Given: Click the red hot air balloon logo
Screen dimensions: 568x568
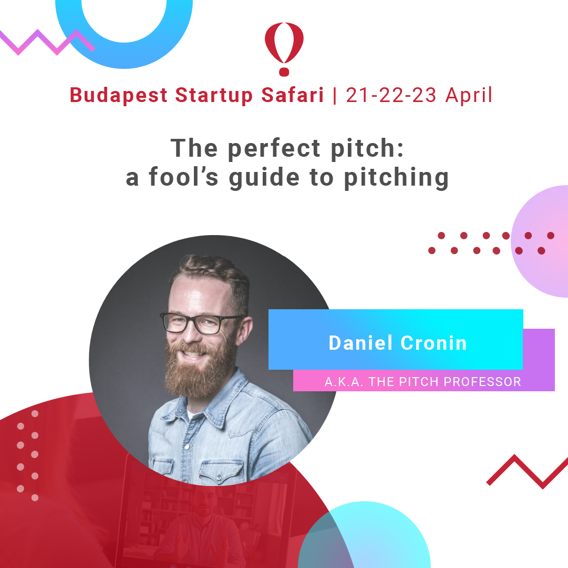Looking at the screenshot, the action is coord(284,49).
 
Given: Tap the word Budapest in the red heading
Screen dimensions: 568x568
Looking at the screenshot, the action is coord(118,95).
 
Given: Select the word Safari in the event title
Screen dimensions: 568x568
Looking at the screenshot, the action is coord(292,95).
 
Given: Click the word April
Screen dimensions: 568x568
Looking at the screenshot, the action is coord(469,95).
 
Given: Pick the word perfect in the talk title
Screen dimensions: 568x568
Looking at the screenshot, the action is coord(274,149).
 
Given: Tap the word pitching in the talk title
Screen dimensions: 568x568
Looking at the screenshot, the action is coord(396,178).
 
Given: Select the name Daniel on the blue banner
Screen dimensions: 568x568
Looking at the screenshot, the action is coord(360,342).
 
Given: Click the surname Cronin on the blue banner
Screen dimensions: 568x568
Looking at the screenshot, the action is coord(433,343).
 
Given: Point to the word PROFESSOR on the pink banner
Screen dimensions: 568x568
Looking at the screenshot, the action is coord(482,382).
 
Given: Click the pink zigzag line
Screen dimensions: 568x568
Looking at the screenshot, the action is coord(47,42).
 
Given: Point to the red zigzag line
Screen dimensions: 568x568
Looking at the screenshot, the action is coord(528,471).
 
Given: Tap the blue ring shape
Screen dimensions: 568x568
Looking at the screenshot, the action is coord(124,55).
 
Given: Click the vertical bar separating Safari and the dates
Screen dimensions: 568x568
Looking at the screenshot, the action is coord(335,95).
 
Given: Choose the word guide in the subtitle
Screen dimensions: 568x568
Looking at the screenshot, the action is coord(264,178).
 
